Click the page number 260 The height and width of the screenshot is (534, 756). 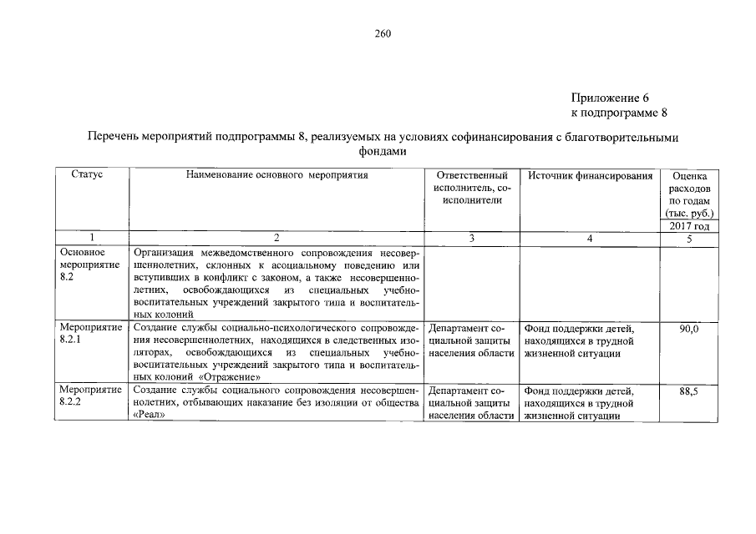[383, 34]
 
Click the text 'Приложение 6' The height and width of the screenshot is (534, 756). [610, 97]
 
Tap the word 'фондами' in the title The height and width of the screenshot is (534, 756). [382, 152]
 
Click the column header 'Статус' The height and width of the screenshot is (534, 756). [87, 176]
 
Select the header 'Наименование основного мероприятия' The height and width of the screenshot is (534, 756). [277, 176]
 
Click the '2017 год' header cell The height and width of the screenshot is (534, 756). [689, 226]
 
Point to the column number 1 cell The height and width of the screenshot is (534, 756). [91, 239]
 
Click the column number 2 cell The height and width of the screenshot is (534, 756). [277, 239]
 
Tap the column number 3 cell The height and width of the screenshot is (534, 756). [472, 239]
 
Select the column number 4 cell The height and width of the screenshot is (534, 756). [590, 239]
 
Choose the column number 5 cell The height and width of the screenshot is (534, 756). [689, 239]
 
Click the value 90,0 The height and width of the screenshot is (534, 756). [689, 330]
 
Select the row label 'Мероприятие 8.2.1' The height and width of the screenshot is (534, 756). [91, 335]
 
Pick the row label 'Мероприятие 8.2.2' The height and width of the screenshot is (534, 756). [91, 396]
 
